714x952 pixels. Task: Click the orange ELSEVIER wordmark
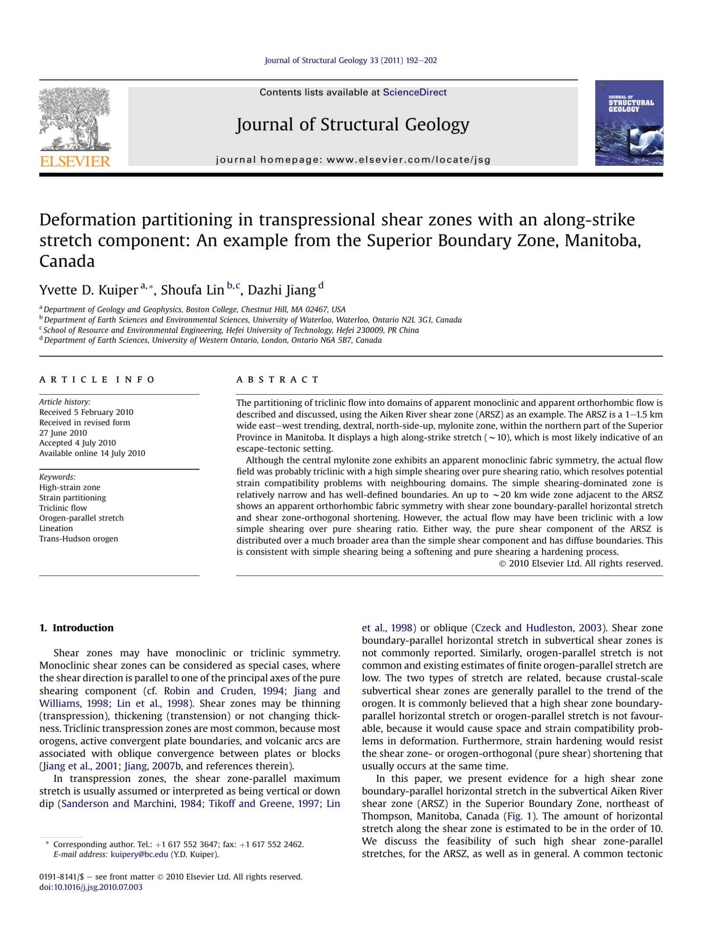point(75,162)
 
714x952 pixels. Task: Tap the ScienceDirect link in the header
point(414,92)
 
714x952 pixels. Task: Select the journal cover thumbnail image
point(629,123)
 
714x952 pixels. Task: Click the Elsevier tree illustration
point(75,119)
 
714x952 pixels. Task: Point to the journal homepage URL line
point(353,160)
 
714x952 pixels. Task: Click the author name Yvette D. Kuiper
point(88,290)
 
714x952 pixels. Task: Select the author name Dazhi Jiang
point(282,290)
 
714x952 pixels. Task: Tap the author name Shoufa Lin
point(192,290)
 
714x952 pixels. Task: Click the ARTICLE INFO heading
point(97,380)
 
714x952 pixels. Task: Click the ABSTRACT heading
point(277,380)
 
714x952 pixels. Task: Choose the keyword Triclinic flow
point(63,508)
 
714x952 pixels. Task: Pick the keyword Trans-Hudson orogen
point(78,539)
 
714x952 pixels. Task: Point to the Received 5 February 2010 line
point(86,412)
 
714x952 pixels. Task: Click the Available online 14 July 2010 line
point(92,453)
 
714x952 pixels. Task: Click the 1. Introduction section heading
point(76,628)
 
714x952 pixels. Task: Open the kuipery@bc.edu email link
point(139,854)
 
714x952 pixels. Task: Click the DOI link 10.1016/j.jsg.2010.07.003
point(98,887)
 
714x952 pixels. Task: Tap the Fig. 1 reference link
point(519,817)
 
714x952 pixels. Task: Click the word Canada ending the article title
point(67,261)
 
